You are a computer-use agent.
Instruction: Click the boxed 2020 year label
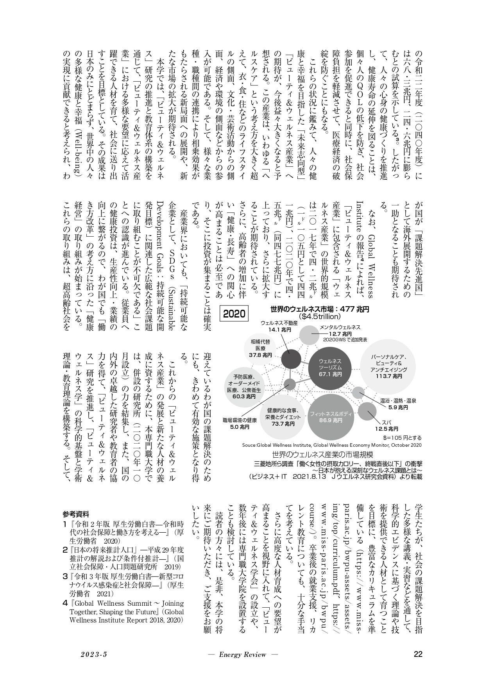(x=234, y=314)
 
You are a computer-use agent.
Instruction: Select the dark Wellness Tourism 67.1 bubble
(x=330, y=367)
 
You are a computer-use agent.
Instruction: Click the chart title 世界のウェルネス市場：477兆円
(x=320, y=309)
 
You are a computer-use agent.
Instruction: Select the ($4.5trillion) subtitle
(x=320, y=316)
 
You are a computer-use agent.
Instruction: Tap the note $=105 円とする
(x=402, y=438)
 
